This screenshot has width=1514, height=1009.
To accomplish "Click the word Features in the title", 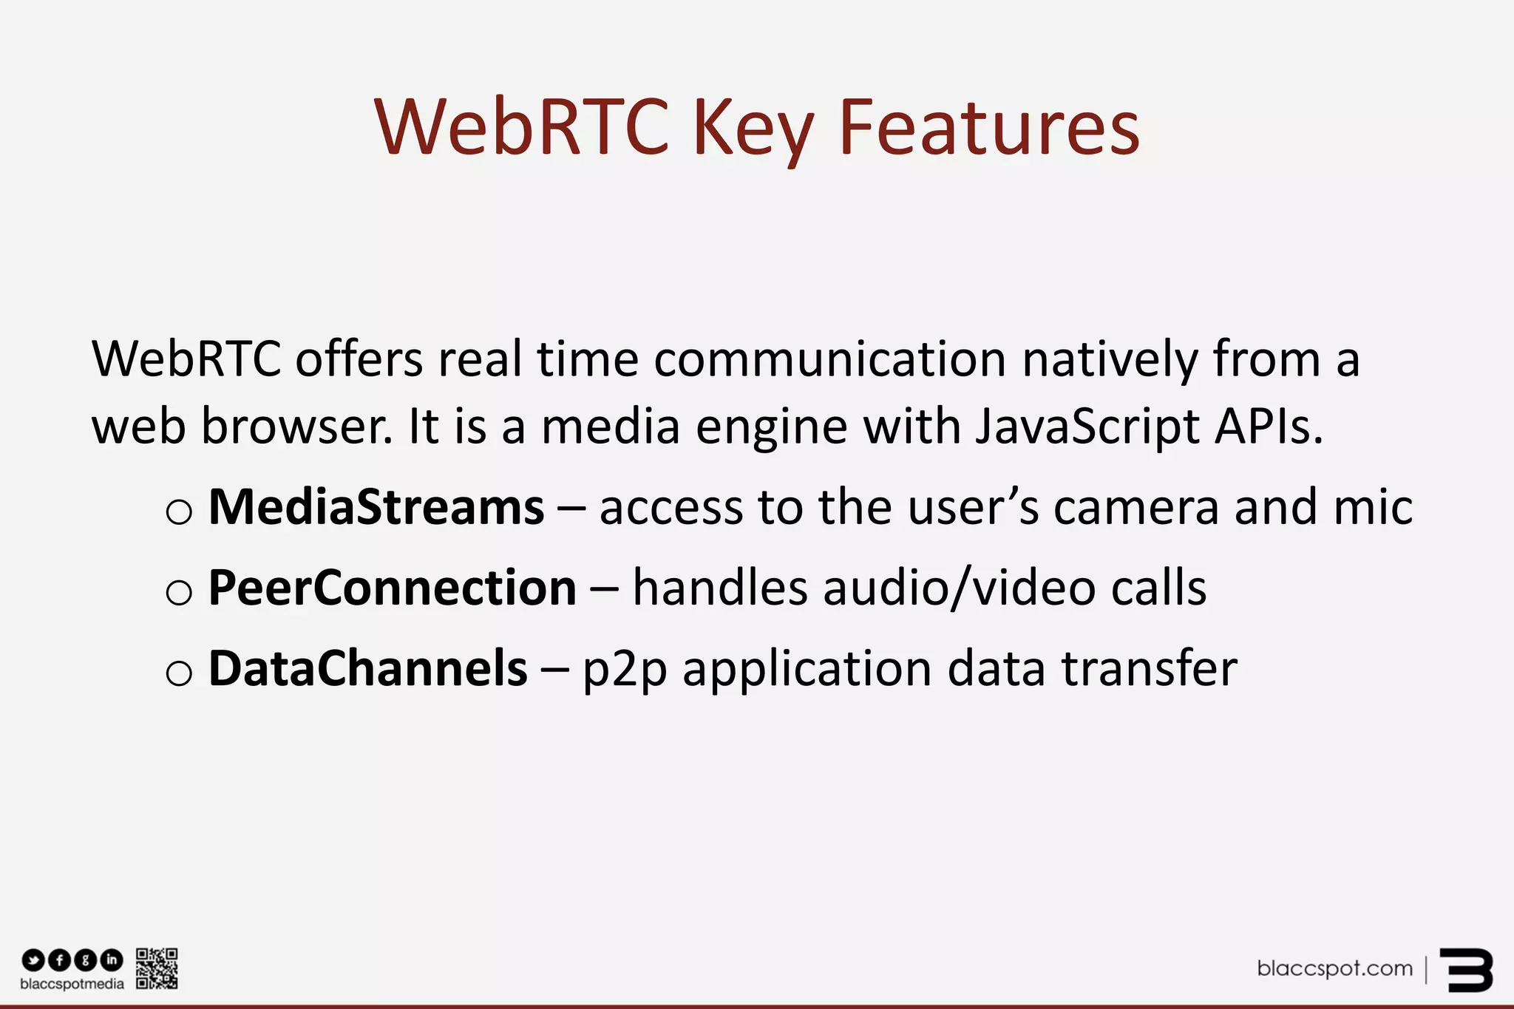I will pyautogui.click(x=989, y=129).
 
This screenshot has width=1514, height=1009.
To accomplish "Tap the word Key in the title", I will pyautogui.click(x=753, y=130).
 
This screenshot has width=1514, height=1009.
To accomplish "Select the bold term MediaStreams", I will pyautogui.click(x=376, y=508).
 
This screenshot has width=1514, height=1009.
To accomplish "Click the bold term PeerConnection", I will pyautogui.click(x=393, y=588).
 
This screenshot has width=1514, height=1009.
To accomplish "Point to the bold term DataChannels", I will pyautogui.click(x=368, y=668).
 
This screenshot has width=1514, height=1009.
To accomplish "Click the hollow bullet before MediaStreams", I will pyautogui.click(x=179, y=512).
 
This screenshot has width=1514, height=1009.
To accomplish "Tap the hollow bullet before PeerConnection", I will pyautogui.click(x=179, y=593).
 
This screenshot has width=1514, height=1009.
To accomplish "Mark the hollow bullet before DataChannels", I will pyautogui.click(x=179, y=673).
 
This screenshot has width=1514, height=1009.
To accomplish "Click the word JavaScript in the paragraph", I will pyautogui.click(x=1087, y=429).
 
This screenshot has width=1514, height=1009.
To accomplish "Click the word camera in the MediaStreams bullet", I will pyautogui.click(x=1136, y=508).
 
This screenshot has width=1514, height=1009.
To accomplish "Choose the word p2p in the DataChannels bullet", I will pyautogui.click(x=625, y=670).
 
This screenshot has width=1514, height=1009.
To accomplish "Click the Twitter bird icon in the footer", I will pyautogui.click(x=33, y=960).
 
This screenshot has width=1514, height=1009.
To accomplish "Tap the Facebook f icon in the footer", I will pyautogui.click(x=59, y=960).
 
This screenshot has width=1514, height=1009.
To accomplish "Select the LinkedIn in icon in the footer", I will pyautogui.click(x=112, y=960).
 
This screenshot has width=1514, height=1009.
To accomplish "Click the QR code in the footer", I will pyautogui.click(x=157, y=968).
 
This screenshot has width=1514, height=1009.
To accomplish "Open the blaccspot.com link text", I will pyautogui.click(x=1334, y=968).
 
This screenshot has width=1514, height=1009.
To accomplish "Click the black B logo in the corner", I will pyautogui.click(x=1466, y=970).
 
